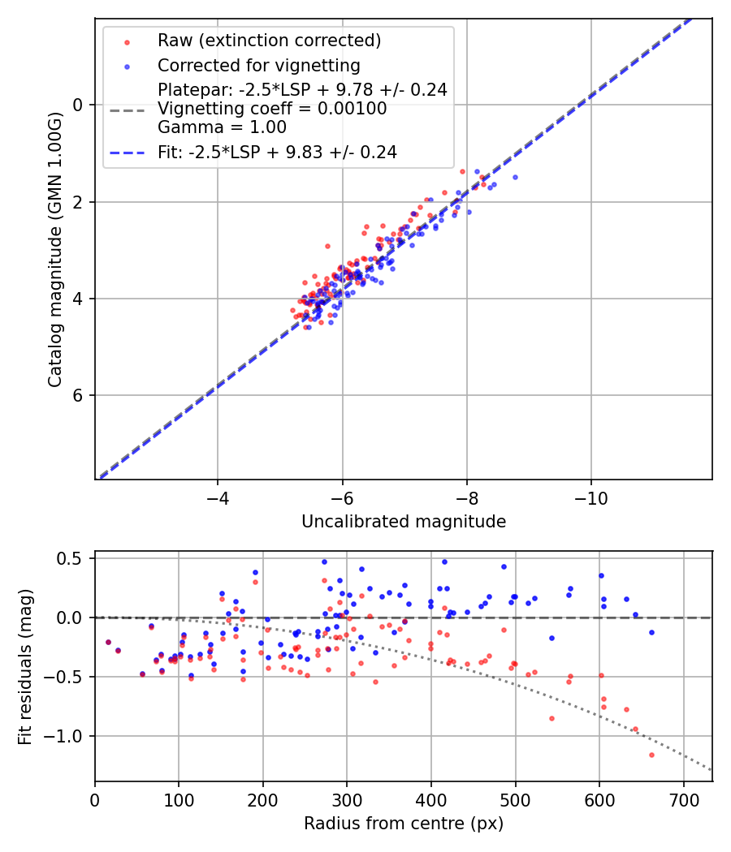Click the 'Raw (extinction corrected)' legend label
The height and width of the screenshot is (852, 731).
tap(269, 41)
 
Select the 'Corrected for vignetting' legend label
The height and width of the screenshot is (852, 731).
tap(258, 65)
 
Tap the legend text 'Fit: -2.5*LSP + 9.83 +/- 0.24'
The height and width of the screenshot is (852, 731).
tap(277, 153)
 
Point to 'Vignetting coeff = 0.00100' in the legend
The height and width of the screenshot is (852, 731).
tap(272, 109)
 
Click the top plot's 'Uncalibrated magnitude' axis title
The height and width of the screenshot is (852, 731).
tap(404, 522)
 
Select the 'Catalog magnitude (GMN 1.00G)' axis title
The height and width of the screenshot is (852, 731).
tap(54, 247)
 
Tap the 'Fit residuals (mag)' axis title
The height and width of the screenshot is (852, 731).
tap(25, 666)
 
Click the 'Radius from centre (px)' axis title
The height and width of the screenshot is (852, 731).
tap(404, 824)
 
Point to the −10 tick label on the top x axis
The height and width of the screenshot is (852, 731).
tap(590, 496)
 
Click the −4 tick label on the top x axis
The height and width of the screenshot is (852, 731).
tap(217, 496)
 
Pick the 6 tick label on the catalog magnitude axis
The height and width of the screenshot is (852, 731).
tap(79, 395)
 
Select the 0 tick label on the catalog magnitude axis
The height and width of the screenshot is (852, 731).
tap(79, 105)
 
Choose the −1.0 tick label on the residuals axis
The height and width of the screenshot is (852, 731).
tap(70, 736)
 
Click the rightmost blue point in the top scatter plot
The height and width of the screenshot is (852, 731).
tap(515, 177)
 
